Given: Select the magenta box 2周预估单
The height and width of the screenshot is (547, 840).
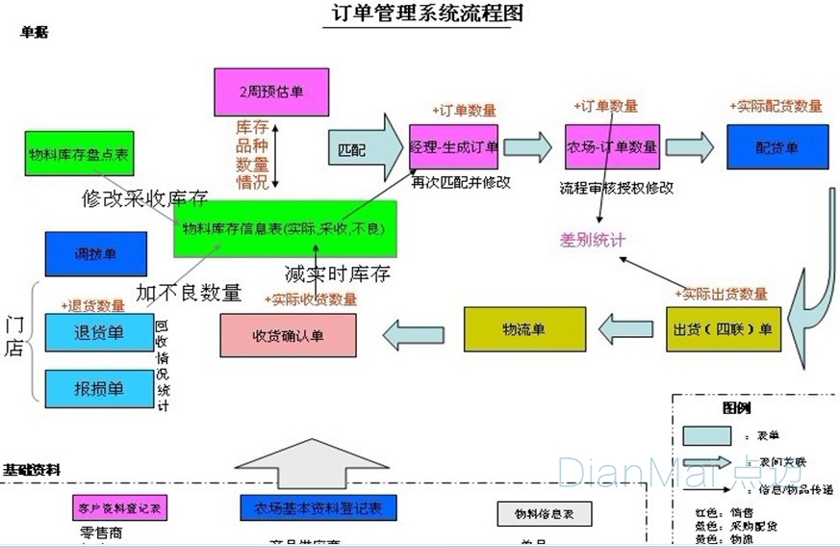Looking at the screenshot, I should [270, 91].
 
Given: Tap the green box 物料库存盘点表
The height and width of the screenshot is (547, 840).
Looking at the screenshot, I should [79, 152].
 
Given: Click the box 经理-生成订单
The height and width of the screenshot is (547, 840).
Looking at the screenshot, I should [454, 147].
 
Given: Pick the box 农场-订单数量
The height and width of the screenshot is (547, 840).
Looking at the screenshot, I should [612, 147].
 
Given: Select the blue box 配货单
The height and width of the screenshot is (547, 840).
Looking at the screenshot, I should [776, 147].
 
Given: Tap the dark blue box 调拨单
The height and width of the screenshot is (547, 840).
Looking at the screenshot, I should [95, 254].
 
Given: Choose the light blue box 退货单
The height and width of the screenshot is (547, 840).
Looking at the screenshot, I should [98, 333].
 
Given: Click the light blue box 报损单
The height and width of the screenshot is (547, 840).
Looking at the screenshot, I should [98, 388].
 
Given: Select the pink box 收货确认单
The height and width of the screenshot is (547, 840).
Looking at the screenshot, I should [288, 336].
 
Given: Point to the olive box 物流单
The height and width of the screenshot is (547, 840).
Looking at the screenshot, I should [523, 329].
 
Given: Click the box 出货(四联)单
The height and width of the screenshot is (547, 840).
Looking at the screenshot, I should [724, 329].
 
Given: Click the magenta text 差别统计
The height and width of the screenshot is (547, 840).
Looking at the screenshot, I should [593, 239].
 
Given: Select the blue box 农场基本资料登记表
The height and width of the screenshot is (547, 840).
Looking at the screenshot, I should [318, 508].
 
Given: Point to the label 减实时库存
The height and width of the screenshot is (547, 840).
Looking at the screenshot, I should [337, 273].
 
